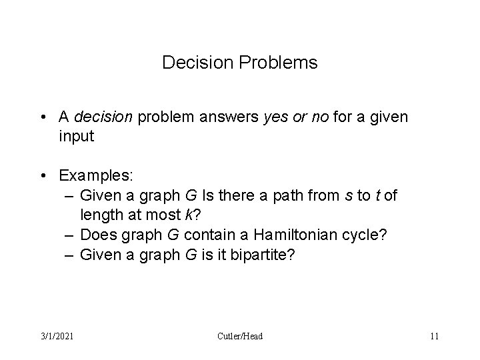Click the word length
pyautogui.click(x=100, y=215)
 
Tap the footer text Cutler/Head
pyautogui.click(x=239, y=336)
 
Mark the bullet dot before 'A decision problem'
pyautogui.click(x=43, y=118)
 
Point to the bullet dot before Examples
pyautogui.click(x=43, y=176)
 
